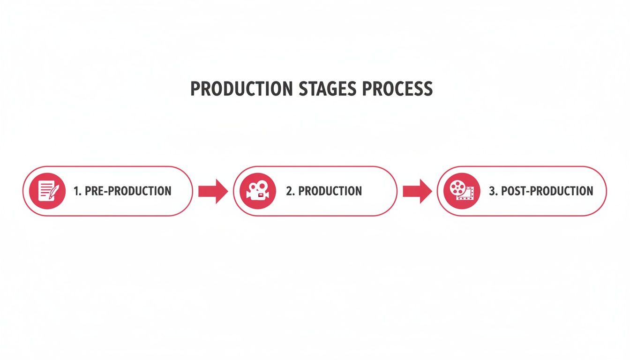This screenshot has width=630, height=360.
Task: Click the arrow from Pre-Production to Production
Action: point(213,191)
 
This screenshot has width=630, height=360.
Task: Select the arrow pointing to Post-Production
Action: point(417,191)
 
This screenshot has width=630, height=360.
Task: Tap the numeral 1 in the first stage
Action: point(77,191)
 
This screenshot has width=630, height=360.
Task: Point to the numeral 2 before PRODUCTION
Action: point(289,191)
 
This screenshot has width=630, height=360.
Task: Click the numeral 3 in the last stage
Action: point(493,191)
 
